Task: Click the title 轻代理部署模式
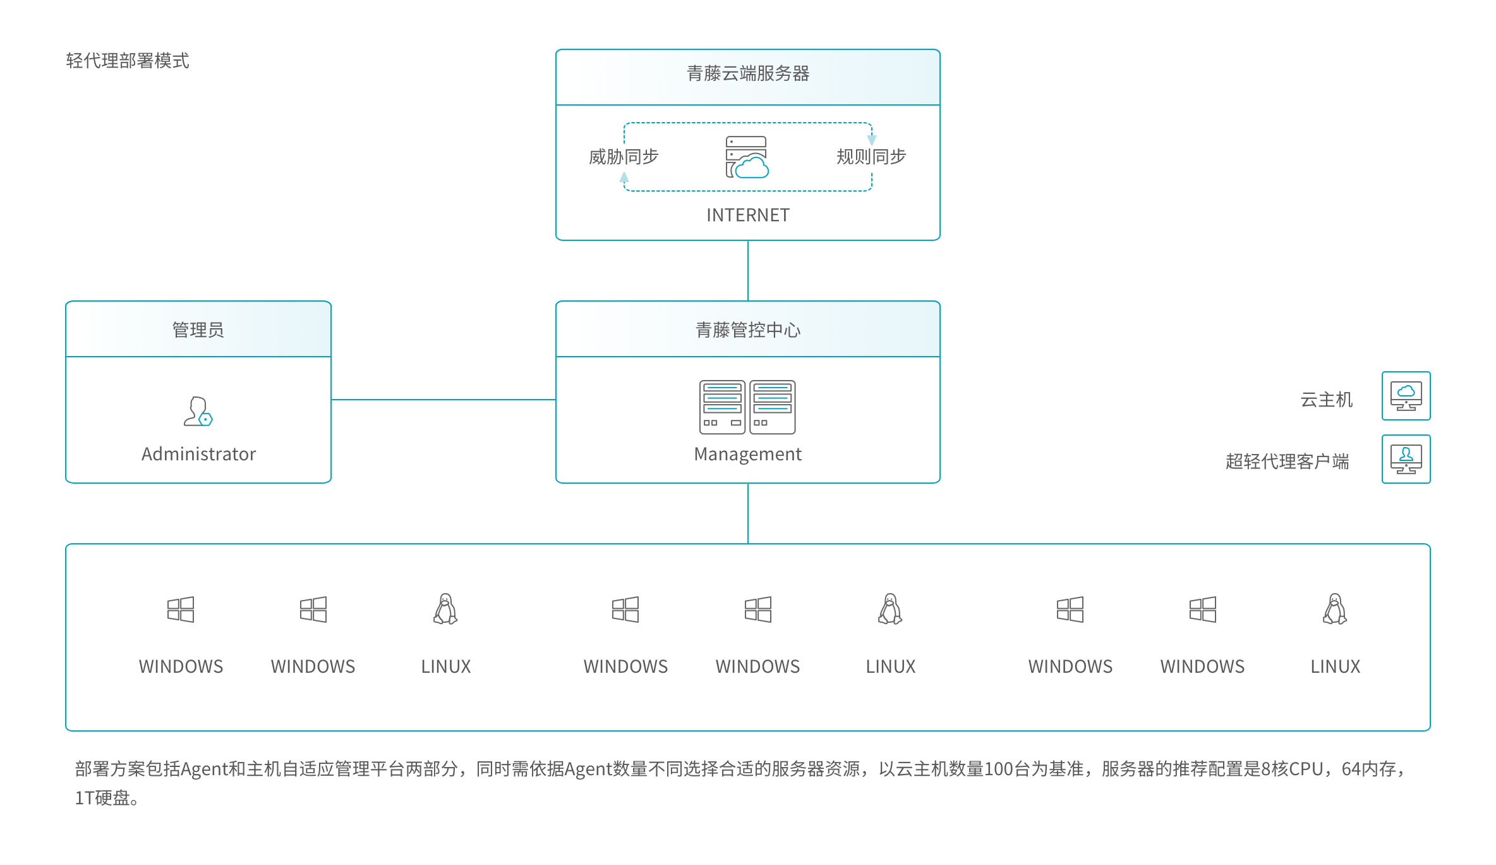(x=128, y=61)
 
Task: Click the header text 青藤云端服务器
(x=748, y=73)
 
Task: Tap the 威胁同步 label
(x=624, y=156)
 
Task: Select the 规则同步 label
(x=871, y=156)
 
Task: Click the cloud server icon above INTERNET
(x=747, y=157)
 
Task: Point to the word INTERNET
(x=748, y=215)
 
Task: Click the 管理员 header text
(x=198, y=329)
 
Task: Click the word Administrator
(x=198, y=454)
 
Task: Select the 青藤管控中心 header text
(x=748, y=329)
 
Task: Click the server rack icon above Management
(x=747, y=407)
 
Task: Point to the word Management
(x=748, y=454)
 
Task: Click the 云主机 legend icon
(x=1406, y=396)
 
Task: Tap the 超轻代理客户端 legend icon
(x=1406, y=459)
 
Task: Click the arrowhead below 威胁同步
(x=624, y=178)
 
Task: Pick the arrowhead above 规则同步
(x=872, y=139)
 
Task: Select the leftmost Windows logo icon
(x=181, y=610)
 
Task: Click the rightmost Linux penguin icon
(x=1335, y=609)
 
